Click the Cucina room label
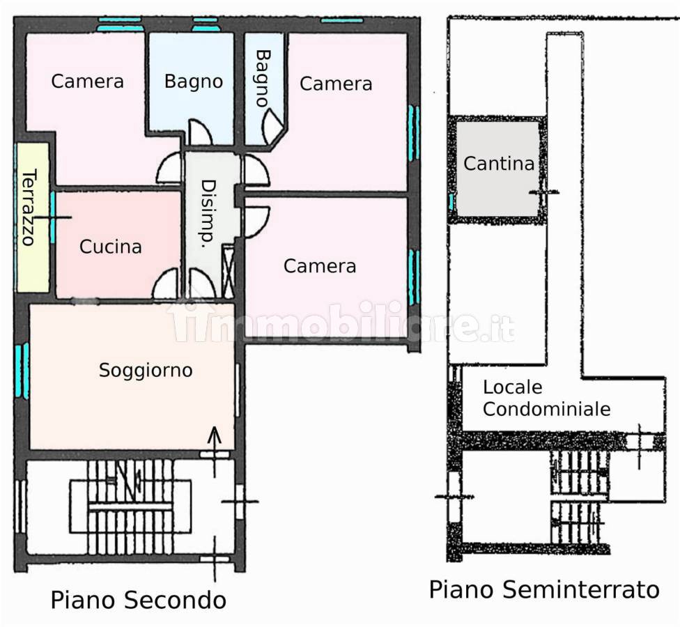[111, 247]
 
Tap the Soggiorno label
[145, 370]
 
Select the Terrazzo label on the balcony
[29, 207]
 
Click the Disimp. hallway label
[207, 214]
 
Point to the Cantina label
[499, 164]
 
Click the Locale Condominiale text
[546, 398]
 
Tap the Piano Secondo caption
[138, 600]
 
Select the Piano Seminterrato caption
[543, 590]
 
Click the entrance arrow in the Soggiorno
[215, 436]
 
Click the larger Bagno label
[194, 82]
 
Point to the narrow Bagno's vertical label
[262, 77]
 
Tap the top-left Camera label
[88, 82]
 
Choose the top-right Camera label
[336, 84]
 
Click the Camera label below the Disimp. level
[320, 265]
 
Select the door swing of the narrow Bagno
[272, 126]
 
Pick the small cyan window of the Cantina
[451, 203]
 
